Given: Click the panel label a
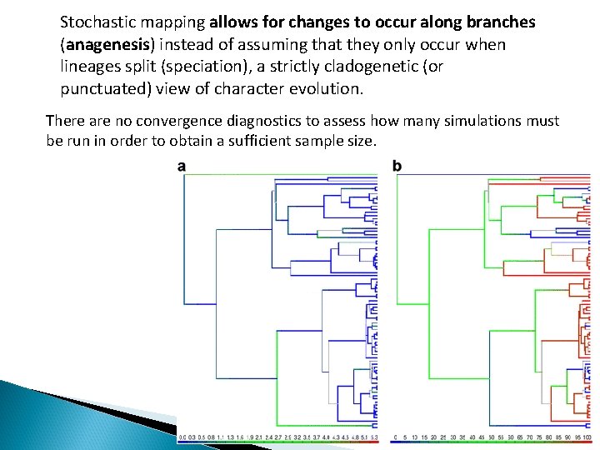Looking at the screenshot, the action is click(x=182, y=167).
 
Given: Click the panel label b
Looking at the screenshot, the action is click(x=397, y=167).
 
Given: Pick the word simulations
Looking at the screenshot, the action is click(x=477, y=121).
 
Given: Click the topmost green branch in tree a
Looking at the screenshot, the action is click(x=275, y=174).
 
